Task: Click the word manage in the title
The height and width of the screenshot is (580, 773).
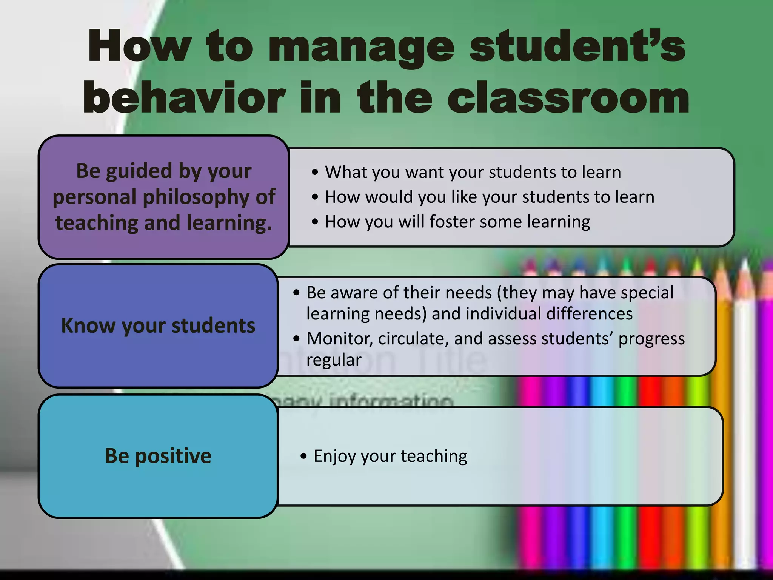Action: click(x=361, y=47)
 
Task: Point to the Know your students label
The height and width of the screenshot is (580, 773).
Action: click(x=158, y=325)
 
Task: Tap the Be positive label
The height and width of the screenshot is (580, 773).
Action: click(x=158, y=456)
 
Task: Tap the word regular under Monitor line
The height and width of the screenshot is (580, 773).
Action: click(x=334, y=360)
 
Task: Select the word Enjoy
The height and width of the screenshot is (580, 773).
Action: click(x=335, y=456)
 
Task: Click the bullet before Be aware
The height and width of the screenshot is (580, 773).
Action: click(x=296, y=293)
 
